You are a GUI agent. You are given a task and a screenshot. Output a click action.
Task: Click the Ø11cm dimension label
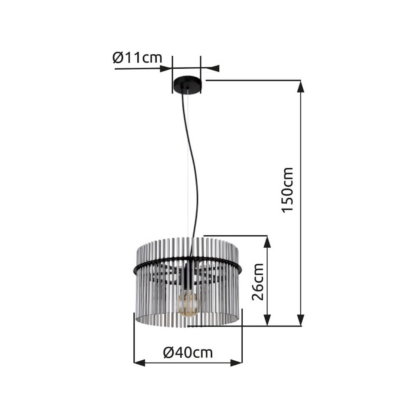pyautogui.click(x=137, y=58)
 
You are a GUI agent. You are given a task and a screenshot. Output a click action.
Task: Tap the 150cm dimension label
pyautogui.click(x=288, y=190)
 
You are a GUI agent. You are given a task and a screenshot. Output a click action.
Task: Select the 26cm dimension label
pyautogui.click(x=258, y=281)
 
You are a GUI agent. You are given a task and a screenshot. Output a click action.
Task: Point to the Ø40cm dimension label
pyautogui.click(x=188, y=352)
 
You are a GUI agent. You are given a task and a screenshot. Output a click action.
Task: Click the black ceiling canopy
pyautogui.click(x=187, y=85)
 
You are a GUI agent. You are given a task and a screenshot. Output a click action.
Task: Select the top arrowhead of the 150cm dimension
pyautogui.click(x=301, y=86)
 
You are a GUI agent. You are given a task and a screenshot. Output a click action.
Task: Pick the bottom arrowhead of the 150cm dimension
pyautogui.click(x=301, y=320)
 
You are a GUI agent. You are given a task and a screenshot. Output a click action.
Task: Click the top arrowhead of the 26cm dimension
pyautogui.click(x=267, y=242)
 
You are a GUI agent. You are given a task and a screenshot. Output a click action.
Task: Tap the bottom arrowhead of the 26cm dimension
pyautogui.click(x=267, y=320)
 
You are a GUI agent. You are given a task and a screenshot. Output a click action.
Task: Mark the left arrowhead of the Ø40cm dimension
pyautogui.click(x=139, y=363)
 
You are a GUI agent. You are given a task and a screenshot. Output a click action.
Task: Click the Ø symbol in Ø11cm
pyautogui.click(x=118, y=58)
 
